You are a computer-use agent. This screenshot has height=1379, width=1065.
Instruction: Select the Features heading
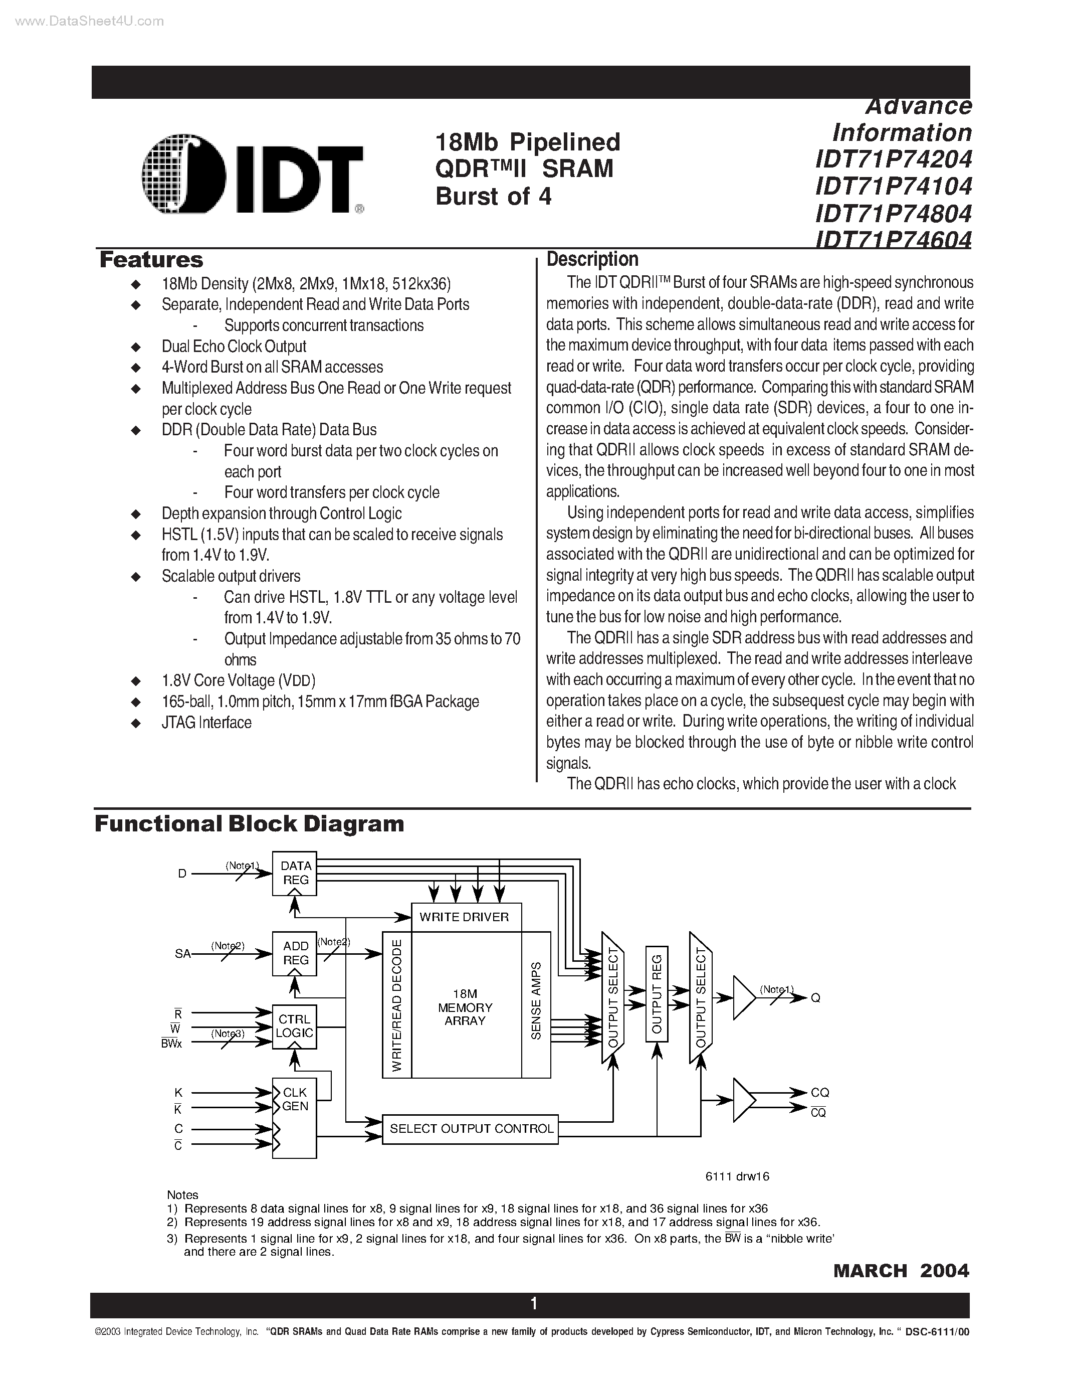tap(151, 260)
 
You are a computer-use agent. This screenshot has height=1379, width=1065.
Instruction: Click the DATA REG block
tap(295, 873)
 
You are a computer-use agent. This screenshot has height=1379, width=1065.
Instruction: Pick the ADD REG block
tap(295, 953)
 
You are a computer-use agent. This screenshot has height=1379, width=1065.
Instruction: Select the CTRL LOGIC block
tap(295, 1026)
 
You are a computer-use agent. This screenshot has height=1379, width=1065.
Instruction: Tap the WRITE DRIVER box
tap(466, 917)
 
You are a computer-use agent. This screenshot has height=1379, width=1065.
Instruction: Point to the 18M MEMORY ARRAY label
tap(465, 1008)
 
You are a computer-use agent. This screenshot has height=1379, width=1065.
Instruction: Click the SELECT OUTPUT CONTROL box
tap(471, 1129)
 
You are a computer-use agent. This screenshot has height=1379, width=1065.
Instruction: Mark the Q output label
tap(815, 998)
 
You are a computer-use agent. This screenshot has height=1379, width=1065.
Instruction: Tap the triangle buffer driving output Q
tap(743, 998)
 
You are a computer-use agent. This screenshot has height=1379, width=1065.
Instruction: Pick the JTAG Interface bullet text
tap(206, 722)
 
